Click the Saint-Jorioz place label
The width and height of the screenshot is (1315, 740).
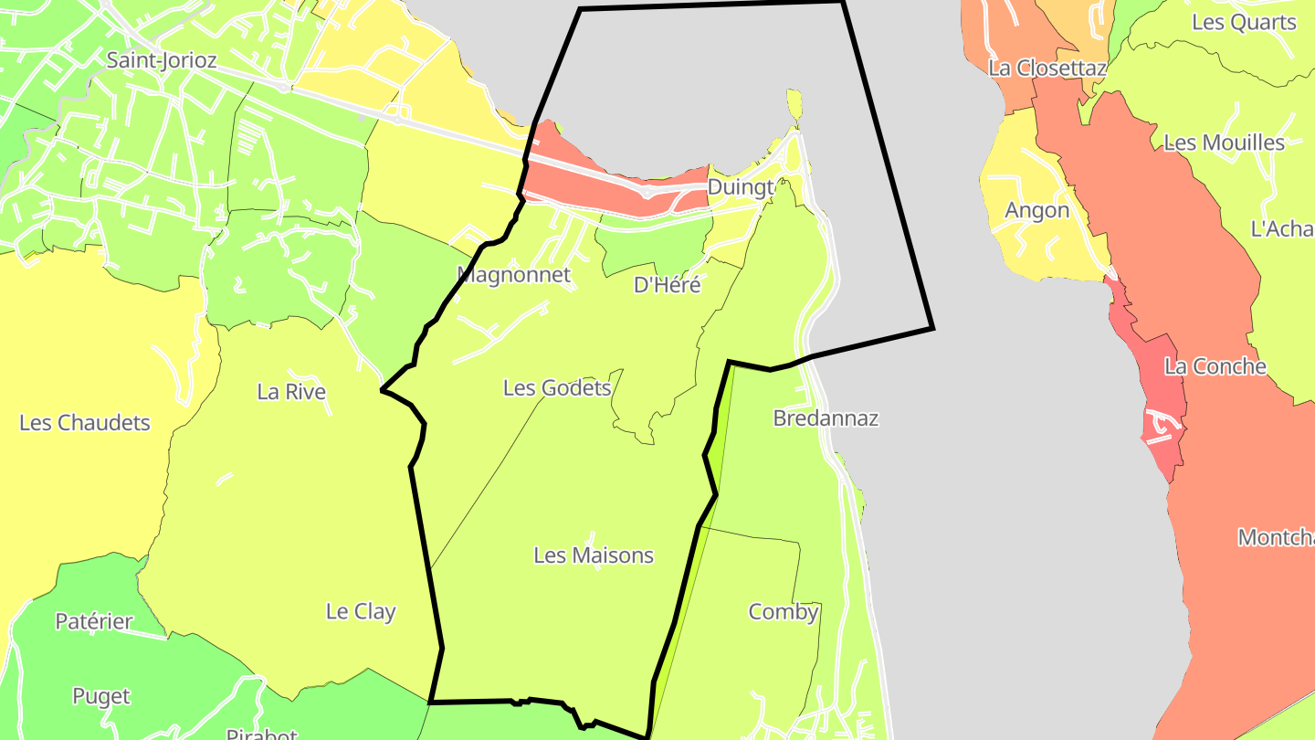tap(162, 61)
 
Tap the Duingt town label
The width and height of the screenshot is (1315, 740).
tap(741, 188)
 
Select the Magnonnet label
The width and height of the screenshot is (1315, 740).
tap(514, 275)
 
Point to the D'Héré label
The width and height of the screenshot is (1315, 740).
tap(668, 285)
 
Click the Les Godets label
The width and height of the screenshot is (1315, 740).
tap(557, 388)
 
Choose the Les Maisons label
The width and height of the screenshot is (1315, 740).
tap(594, 555)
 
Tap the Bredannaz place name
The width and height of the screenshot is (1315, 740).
tap(826, 418)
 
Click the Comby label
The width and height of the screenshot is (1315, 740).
tap(784, 612)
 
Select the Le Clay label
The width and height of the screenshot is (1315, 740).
tap(361, 612)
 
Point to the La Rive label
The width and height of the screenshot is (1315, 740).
tap(291, 392)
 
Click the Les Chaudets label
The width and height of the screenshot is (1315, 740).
tap(85, 423)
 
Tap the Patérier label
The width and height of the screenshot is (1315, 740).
tap(94, 622)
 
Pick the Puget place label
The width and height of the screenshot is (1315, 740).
tap(101, 696)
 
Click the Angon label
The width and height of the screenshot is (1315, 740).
tap(1036, 210)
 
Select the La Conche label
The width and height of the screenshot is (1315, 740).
tap(1215, 367)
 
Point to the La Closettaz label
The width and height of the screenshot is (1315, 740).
tap(1047, 69)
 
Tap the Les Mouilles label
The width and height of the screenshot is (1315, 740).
tap(1224, 143)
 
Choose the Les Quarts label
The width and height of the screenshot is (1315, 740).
tap(1244, 23)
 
